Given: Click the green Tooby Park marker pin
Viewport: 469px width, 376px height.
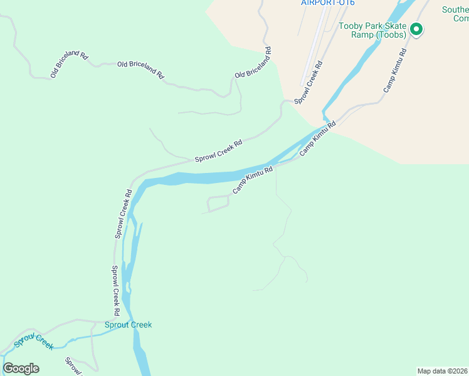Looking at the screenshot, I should click(x=416, y=29).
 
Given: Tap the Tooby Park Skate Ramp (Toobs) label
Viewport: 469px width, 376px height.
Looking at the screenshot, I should click(x=372, y=30).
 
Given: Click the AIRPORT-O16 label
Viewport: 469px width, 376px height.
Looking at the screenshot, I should click(x=327, y=3).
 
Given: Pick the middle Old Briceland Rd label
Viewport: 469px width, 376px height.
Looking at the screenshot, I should click(x=140, y=70).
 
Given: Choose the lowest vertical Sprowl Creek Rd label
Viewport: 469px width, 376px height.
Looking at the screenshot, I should click(x=116, y=290).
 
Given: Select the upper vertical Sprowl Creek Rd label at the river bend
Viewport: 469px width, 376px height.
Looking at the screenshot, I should click(x=123, y=214).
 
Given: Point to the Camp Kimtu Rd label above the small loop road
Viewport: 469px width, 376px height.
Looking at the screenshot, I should click(x=253, y=180).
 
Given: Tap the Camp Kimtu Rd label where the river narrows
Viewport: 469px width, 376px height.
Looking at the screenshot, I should click(x=318, y=138).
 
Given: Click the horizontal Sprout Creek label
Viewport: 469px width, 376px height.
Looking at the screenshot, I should click(x=128, y=325).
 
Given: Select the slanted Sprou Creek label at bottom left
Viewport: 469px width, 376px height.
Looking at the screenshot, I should click(x=34, y=342).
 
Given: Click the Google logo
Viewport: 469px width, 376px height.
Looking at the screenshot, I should click(x=21, y=368).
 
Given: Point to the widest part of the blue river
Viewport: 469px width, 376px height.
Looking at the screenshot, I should click(x=188, y=179).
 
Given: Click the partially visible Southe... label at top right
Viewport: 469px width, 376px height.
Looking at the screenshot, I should click(x=455, y=14).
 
